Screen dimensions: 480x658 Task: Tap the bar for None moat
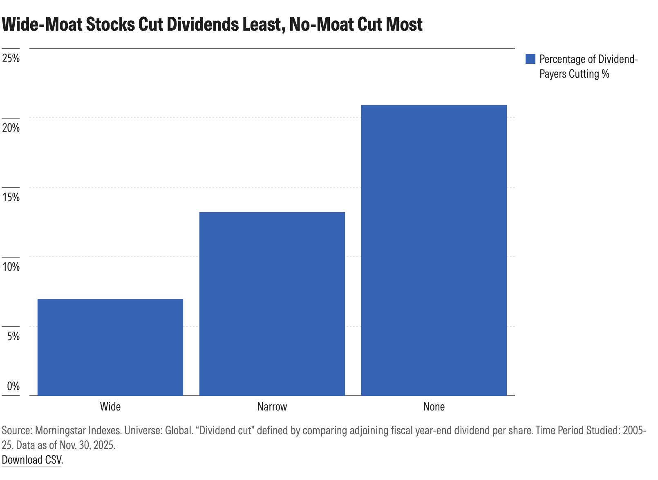click(434, 250)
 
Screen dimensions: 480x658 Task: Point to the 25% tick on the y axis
click(11, 58)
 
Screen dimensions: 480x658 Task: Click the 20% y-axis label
click(11, 128)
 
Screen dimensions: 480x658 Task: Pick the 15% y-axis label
click(11, 197)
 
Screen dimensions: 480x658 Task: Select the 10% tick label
click(11, 267)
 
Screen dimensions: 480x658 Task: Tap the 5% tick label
click(13, 336)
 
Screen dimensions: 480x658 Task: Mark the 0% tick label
click(13, 386)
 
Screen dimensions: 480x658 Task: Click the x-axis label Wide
click(110, 406)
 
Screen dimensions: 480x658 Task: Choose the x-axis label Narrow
click(272, 406)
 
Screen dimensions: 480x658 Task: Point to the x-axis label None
click(434, 406)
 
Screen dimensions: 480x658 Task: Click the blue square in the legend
click(530, 59)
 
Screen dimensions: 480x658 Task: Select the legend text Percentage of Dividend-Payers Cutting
click(588, 66)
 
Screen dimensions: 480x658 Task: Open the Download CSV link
click(32, 460)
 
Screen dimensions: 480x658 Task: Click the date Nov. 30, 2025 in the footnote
click(87, 445)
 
